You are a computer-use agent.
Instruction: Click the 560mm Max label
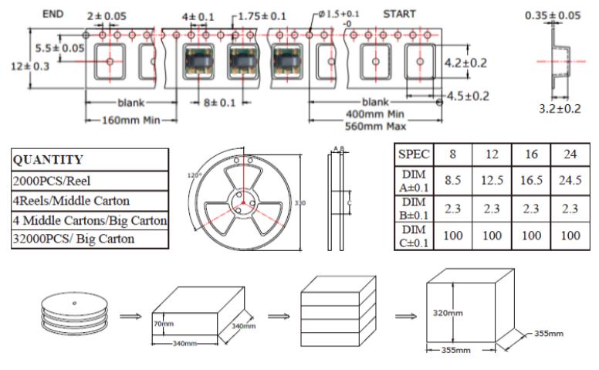tap(376, 124)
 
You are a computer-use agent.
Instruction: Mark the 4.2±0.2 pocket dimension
tap(465, 63)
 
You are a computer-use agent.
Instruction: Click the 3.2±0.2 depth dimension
tap(559, 109)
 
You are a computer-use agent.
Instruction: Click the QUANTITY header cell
tap(48, 160)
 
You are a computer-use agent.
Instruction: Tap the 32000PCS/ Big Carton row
tap(73, 239)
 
